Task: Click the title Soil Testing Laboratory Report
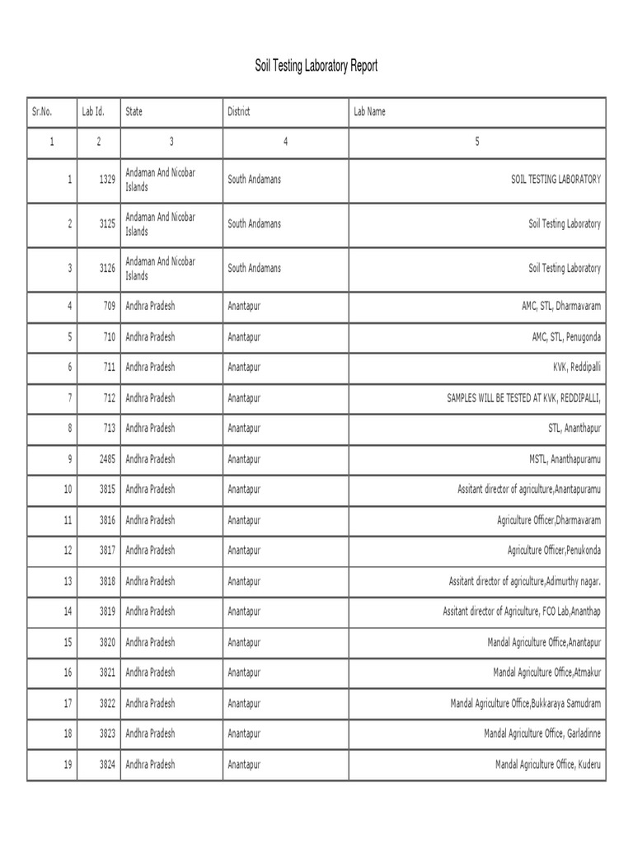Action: [316, 67]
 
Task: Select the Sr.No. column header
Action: [41, 111]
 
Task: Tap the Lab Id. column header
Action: [92, 111]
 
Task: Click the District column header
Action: [239, 111]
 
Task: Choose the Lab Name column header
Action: [369, 111]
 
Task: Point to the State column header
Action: [134, 111]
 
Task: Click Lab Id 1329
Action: [106, 179]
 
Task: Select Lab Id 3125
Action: [106, 223]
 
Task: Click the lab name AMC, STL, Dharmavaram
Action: [555, 307]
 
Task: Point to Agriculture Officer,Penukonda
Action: [554, 550]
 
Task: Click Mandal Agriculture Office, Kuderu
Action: [548, 765]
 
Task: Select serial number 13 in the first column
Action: [68, 581]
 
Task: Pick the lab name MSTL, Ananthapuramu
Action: [565, 458]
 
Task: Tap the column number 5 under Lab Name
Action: [476, 142]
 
